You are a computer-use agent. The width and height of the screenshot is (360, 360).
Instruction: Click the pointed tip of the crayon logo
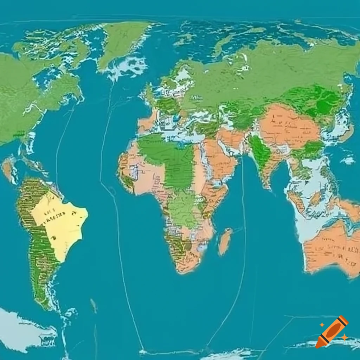(x=317, y=346)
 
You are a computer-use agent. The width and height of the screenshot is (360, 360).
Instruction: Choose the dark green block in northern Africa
(x=169, y=158)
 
